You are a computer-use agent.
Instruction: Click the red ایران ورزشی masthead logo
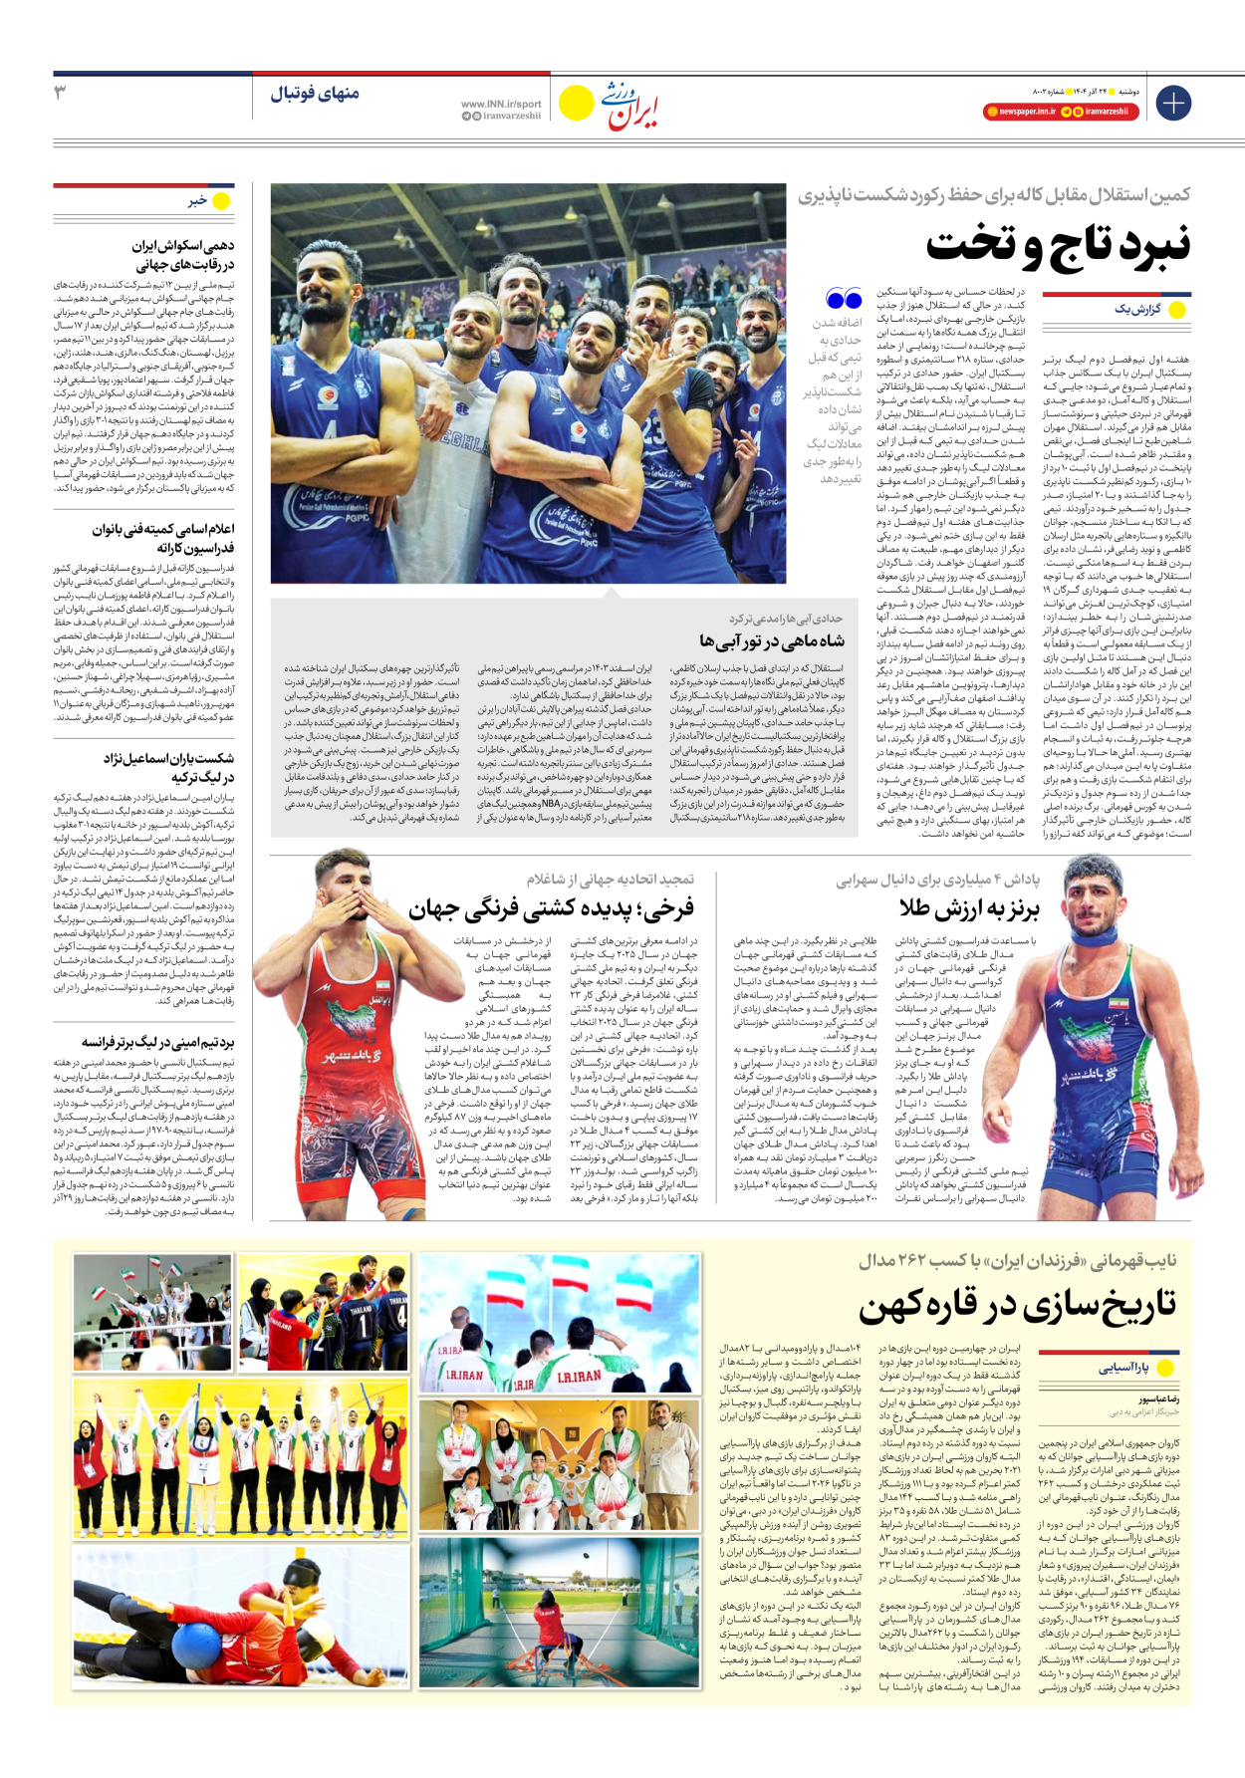(633, 106)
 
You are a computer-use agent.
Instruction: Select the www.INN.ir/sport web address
(501, 104)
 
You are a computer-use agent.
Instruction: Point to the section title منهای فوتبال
(315, 94)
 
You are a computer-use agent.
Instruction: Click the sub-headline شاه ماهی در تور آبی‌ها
(772, 640)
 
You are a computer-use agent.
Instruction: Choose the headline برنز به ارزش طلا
(968, 908)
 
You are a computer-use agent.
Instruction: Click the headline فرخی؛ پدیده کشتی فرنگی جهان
(551, 908)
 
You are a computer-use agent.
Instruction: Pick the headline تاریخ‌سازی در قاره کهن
(1017, 1305)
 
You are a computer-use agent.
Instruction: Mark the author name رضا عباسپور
(1159, 1399)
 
